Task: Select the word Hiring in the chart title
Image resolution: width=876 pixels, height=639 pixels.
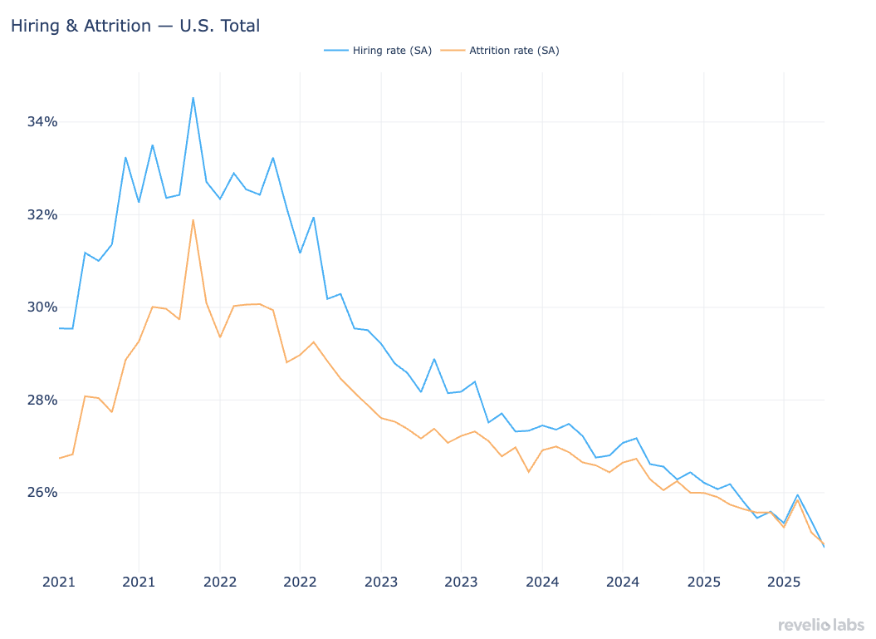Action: click(x=34, y=26)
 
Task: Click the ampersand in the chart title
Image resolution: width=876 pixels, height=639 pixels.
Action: click(x=72, y=26)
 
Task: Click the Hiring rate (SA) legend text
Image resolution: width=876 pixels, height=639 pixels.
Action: click(x=392, y=51)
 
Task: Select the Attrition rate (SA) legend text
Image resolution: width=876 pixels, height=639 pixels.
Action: click(x=514, y=51)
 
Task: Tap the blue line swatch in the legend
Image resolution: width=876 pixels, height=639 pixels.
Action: click(x=335, y=51)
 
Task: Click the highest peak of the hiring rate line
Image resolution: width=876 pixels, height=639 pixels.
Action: click(x=193, y=98)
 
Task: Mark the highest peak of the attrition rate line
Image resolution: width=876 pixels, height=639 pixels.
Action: click(x=193, y=219)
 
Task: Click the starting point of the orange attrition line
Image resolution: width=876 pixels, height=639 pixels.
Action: click(x=60, y=458)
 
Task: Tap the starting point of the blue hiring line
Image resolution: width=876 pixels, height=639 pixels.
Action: click(x=60, y=328)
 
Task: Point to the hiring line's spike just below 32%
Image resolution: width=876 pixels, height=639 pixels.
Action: click(x=313, y=218)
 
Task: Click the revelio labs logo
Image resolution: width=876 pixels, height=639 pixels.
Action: click(x=820, y=625)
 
